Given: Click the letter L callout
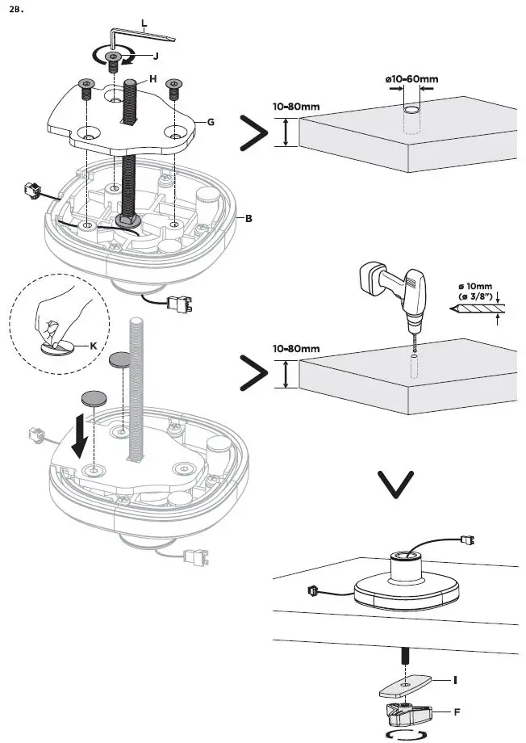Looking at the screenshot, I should (x=144, y=25).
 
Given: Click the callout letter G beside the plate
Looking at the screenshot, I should (x=211, y=122).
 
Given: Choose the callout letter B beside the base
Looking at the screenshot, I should (x=249, y=218).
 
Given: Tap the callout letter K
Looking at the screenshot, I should (x=94, y=345).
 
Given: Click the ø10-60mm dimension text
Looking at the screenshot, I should (x=411, y=78).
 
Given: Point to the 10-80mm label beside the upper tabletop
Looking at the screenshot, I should (x=297, y=106).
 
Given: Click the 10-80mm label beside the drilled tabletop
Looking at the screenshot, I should (x=297, y=348).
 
